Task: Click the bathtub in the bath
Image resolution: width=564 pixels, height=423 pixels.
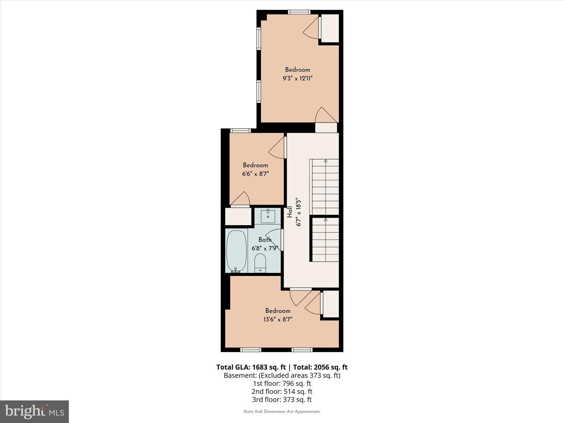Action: click(236, 251)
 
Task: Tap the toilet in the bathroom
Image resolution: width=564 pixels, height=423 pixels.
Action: click(260, 263)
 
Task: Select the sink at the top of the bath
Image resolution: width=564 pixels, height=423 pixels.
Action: click(268, 216)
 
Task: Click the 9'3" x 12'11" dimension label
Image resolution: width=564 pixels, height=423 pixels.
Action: click(297, 78)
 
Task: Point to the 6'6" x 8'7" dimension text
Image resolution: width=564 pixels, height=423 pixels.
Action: click(255, 174)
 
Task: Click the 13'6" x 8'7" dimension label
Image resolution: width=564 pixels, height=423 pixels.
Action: click(278, 319)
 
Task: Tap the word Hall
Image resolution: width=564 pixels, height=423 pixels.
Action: click(289, 212)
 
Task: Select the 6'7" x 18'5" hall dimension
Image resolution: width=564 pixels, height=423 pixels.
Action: click(298, 212)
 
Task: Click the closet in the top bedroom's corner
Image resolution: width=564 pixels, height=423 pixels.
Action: click(330, 28)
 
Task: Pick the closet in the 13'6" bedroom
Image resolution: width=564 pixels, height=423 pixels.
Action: click(331, 304)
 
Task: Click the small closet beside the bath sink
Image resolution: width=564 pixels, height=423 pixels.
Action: click(238, 216)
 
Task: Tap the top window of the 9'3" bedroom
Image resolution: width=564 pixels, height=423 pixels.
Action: click(299, 12)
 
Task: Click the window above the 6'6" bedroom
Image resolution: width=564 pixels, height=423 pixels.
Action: click(240, 131)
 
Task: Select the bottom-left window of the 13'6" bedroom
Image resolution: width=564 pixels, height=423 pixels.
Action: click(250, 350)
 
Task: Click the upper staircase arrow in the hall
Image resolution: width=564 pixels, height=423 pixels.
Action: click(326, 161)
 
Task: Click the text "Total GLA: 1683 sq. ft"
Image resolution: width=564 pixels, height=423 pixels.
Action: click(251, 367)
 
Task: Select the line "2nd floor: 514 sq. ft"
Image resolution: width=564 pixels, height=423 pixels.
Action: click(282, 391)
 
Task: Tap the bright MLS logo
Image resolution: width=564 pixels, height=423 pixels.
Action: click(34, 411)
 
